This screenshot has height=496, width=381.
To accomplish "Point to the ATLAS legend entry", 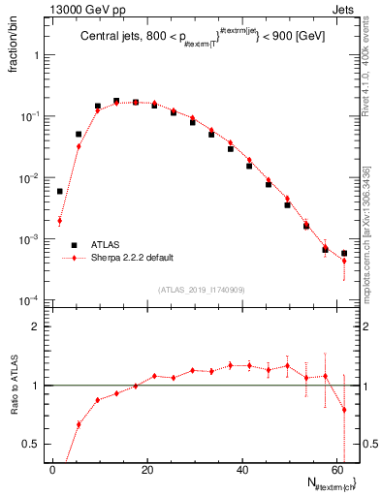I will pos(107,245).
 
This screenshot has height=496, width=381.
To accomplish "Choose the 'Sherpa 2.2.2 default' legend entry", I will pos(132,258).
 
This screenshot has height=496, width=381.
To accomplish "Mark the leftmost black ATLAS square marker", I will pos(59,191).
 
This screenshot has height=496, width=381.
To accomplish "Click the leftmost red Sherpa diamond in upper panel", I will pos(59,221).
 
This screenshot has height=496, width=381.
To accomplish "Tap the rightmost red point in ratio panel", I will pos(344,410).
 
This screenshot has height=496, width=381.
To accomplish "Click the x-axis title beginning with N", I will pos(327,481).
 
